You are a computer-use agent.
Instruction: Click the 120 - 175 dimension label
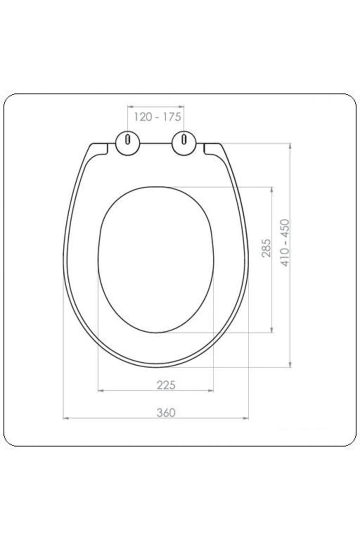[157, 117]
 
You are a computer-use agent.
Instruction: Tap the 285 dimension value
[266, 248]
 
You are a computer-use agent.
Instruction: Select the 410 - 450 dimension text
[285, 243]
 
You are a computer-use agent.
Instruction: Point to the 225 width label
[166, 385]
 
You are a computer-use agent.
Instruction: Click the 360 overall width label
[166, 412]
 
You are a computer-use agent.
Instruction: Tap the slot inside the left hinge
[128, 139]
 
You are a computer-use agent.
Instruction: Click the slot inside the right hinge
[184, 139]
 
